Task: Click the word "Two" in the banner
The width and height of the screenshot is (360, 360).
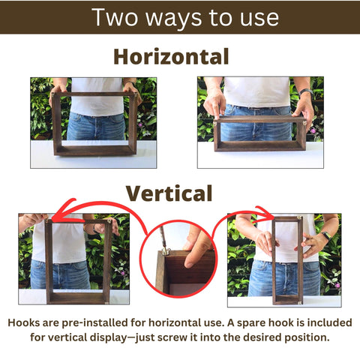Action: [115, 17]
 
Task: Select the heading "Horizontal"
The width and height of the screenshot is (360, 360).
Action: [171, 56]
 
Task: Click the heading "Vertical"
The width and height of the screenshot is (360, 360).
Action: [169, 193]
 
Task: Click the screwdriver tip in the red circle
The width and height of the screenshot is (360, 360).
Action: [164, 248]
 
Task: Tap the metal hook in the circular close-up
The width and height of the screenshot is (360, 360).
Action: [166, 251]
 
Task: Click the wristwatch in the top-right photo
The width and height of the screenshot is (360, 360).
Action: [306, 93]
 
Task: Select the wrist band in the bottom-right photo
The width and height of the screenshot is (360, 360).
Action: [326, 235]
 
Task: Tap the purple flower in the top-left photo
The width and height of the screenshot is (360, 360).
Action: [140, 124]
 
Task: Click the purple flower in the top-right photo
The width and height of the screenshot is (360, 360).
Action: [313, 130]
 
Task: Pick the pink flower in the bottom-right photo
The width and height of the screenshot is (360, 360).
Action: [337, 285]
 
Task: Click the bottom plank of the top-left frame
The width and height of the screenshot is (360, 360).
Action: [96, 150]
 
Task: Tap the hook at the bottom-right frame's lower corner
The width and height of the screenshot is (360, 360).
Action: [300, 303]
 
